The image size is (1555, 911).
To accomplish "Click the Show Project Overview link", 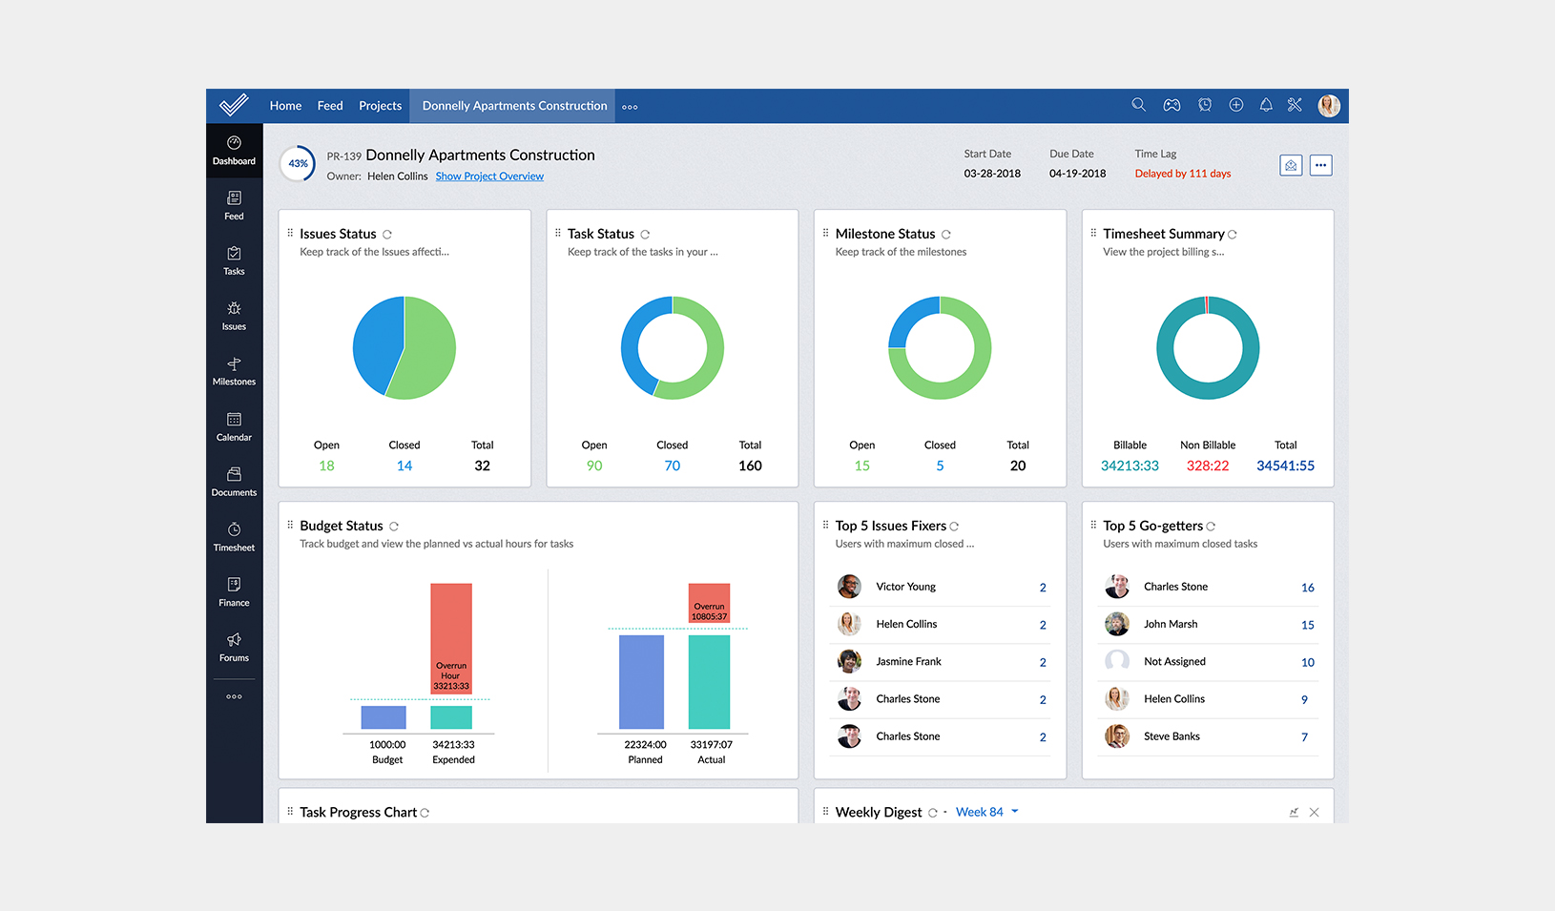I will click(x=489, y=176).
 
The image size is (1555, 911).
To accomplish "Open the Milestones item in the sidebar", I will click(x=234, y=371).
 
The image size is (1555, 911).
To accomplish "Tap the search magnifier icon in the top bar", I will click(x=1138, y=105).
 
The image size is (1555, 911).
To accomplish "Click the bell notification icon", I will click(x=1266, y=105).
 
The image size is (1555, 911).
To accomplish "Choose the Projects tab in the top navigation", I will click(x=380, y=106).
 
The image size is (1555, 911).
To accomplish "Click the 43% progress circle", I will click(x=299, y=164).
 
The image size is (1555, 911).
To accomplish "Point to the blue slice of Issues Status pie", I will click(x=377, y=343).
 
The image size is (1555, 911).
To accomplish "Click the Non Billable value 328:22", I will click(x=1207, y=466).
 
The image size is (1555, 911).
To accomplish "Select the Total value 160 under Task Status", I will click(x=750, y=466).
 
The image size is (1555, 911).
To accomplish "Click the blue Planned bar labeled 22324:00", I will click(x=641, y=682).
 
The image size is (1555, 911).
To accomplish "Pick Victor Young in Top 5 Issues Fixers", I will click(x=905, y=587).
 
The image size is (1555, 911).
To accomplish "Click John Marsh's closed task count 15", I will click(x=1307, y=625).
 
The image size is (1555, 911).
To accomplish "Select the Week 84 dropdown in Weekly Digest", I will click(x=986, y=812).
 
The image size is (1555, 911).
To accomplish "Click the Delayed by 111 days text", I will click(x=1182, y=174).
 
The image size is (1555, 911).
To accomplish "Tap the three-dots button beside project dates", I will click(x=1320, y=165).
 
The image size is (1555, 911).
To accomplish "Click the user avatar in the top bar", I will click(x=1328, y=106).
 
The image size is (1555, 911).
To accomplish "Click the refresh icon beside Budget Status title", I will click(x=394, y=527).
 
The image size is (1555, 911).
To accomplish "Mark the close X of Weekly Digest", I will click(x=1314, y=813).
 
